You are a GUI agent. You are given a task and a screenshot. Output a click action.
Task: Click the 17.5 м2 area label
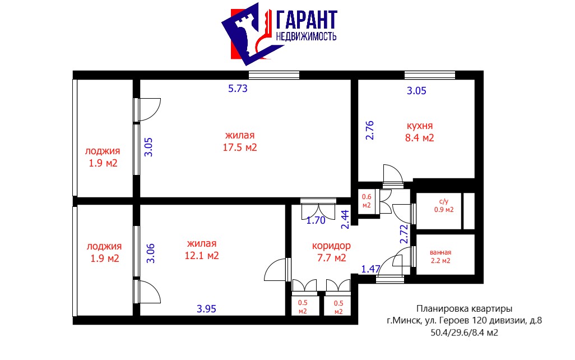tap(240, 147)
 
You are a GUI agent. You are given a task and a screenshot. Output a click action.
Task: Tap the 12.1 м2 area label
tap(202, 255)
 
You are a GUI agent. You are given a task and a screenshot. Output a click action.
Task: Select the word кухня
tap(420, 126)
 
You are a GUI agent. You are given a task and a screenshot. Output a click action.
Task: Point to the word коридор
tap(332, 246)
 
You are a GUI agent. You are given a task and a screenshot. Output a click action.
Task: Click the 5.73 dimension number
tap(238, 89)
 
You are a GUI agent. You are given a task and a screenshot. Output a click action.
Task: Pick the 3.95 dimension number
tap(206, 309)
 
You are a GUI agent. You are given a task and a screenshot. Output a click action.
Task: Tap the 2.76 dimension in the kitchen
tap(370, 130)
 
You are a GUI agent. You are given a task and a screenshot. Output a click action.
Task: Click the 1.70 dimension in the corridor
tap(316, 220)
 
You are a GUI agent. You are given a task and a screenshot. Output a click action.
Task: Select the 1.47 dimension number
tap(371, 269)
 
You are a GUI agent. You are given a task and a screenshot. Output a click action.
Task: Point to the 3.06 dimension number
tap(150, 253)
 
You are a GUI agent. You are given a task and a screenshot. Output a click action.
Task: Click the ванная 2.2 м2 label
tap(440, 256)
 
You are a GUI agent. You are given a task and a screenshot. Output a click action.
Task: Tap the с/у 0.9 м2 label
tap(444, 206)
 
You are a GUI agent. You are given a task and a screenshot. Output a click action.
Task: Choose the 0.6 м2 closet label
tap(367, 201)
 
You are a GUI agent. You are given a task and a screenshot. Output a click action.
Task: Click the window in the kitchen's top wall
tap(430, 75)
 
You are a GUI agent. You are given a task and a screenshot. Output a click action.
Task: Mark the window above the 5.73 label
tap(274, 75)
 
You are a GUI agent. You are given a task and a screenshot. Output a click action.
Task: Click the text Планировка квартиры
tap(464, 309)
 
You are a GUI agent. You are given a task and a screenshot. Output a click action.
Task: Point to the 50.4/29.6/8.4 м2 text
tap(464, 333)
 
